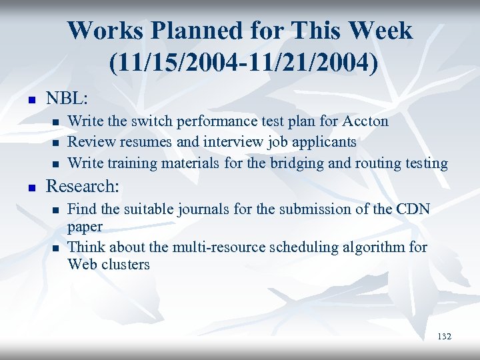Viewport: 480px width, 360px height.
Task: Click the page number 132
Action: point(444,337)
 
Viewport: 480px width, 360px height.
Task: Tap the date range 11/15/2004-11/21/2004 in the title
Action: point(240,63)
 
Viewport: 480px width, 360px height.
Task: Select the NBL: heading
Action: point(67,98)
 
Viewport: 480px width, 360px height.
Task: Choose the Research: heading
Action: point(82,185)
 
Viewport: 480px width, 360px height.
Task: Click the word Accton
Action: point(365,121)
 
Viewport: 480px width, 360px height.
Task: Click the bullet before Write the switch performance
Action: point(55,122)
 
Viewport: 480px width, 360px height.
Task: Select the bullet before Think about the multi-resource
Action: point(55,248)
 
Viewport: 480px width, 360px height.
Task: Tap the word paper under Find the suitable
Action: point(85,227)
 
